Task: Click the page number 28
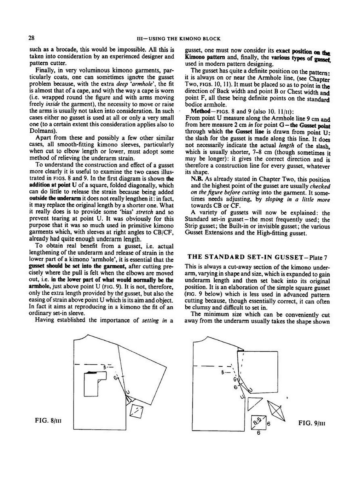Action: click(x=31, y=38)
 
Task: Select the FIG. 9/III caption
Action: click(x=312, y=423)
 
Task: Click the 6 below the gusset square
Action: click(x=258, y=433)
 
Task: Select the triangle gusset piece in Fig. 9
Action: click(x=254, y=404)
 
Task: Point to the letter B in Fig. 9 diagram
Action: click(x=223, y=372)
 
